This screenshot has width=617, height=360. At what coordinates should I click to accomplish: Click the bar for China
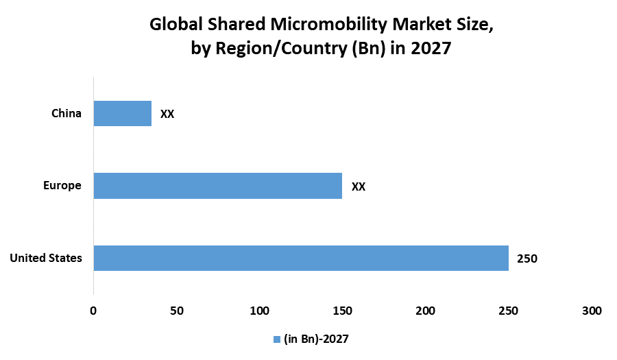point(122,114)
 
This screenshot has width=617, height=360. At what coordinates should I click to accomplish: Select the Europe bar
point(217,186)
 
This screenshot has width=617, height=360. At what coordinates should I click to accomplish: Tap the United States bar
point(300,258)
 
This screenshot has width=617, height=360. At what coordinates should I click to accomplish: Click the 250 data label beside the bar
point(527,259)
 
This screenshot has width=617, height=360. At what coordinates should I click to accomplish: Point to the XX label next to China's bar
point(167,115)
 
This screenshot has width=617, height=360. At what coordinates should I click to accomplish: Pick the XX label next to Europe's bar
point(359,187)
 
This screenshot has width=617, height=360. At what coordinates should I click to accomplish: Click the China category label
point(66,113)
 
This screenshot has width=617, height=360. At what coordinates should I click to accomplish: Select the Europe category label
point(62,185)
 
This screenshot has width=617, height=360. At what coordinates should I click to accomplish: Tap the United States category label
point(46,258)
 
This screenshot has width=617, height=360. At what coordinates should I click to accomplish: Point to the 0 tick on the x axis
point(93,311)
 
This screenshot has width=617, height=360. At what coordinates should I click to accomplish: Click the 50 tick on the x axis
point(176,311)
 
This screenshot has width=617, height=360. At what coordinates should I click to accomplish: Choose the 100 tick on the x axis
point(259,311)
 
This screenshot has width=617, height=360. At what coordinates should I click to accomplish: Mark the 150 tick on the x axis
point(342,311)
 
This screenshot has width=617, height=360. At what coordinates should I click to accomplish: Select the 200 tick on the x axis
point(425,311)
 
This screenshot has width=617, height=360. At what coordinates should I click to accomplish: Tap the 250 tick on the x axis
point(508,311)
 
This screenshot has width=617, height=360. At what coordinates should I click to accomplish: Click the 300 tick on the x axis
point(591,311)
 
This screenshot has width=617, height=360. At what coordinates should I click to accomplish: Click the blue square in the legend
point(277,339)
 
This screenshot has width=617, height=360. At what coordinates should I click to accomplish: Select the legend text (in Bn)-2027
point(317,339)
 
